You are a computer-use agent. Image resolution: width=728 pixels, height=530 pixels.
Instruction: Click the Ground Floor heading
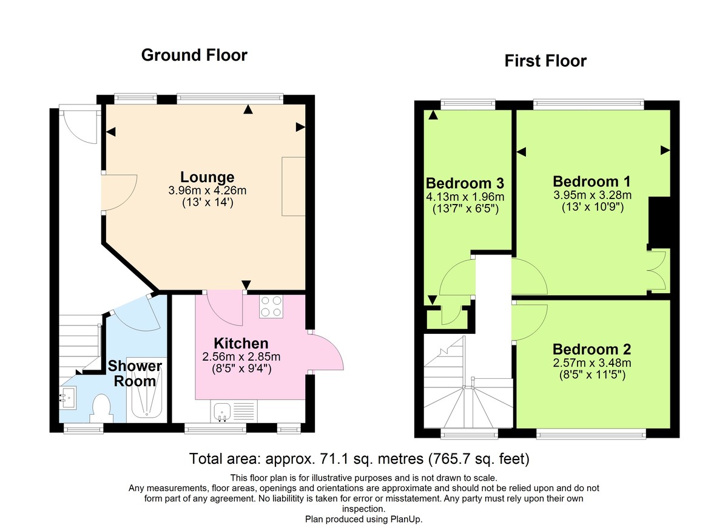click(x=194, y=55)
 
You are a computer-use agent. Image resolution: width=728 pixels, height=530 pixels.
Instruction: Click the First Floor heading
click(x=545, y=61)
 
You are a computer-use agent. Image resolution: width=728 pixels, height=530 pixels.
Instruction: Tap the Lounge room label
click(x=207, y=177)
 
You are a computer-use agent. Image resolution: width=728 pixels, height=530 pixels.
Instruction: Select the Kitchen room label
click(x=240, y=344)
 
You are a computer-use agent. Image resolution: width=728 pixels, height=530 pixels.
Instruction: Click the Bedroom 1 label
click(x=591, y=182)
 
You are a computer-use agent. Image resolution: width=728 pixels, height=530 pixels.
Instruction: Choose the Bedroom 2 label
click(x=591, y=350)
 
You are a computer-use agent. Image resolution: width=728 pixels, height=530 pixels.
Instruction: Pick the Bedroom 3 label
click(x=465, y=183)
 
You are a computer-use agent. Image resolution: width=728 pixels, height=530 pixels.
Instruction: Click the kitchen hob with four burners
click(x=271, y=306)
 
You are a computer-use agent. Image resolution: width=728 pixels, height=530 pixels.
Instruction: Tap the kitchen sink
click(x=222, y=412)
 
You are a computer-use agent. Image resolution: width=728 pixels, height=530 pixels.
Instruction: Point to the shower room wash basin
click(x=67, y=398)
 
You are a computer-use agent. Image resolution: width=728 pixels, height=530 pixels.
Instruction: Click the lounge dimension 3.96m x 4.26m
click(x=207, y=191)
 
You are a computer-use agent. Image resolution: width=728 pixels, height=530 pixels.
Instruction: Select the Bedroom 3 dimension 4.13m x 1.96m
click(x=465, y=197)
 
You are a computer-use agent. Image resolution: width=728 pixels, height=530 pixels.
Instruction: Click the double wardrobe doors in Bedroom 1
click(x=659, y=271)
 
